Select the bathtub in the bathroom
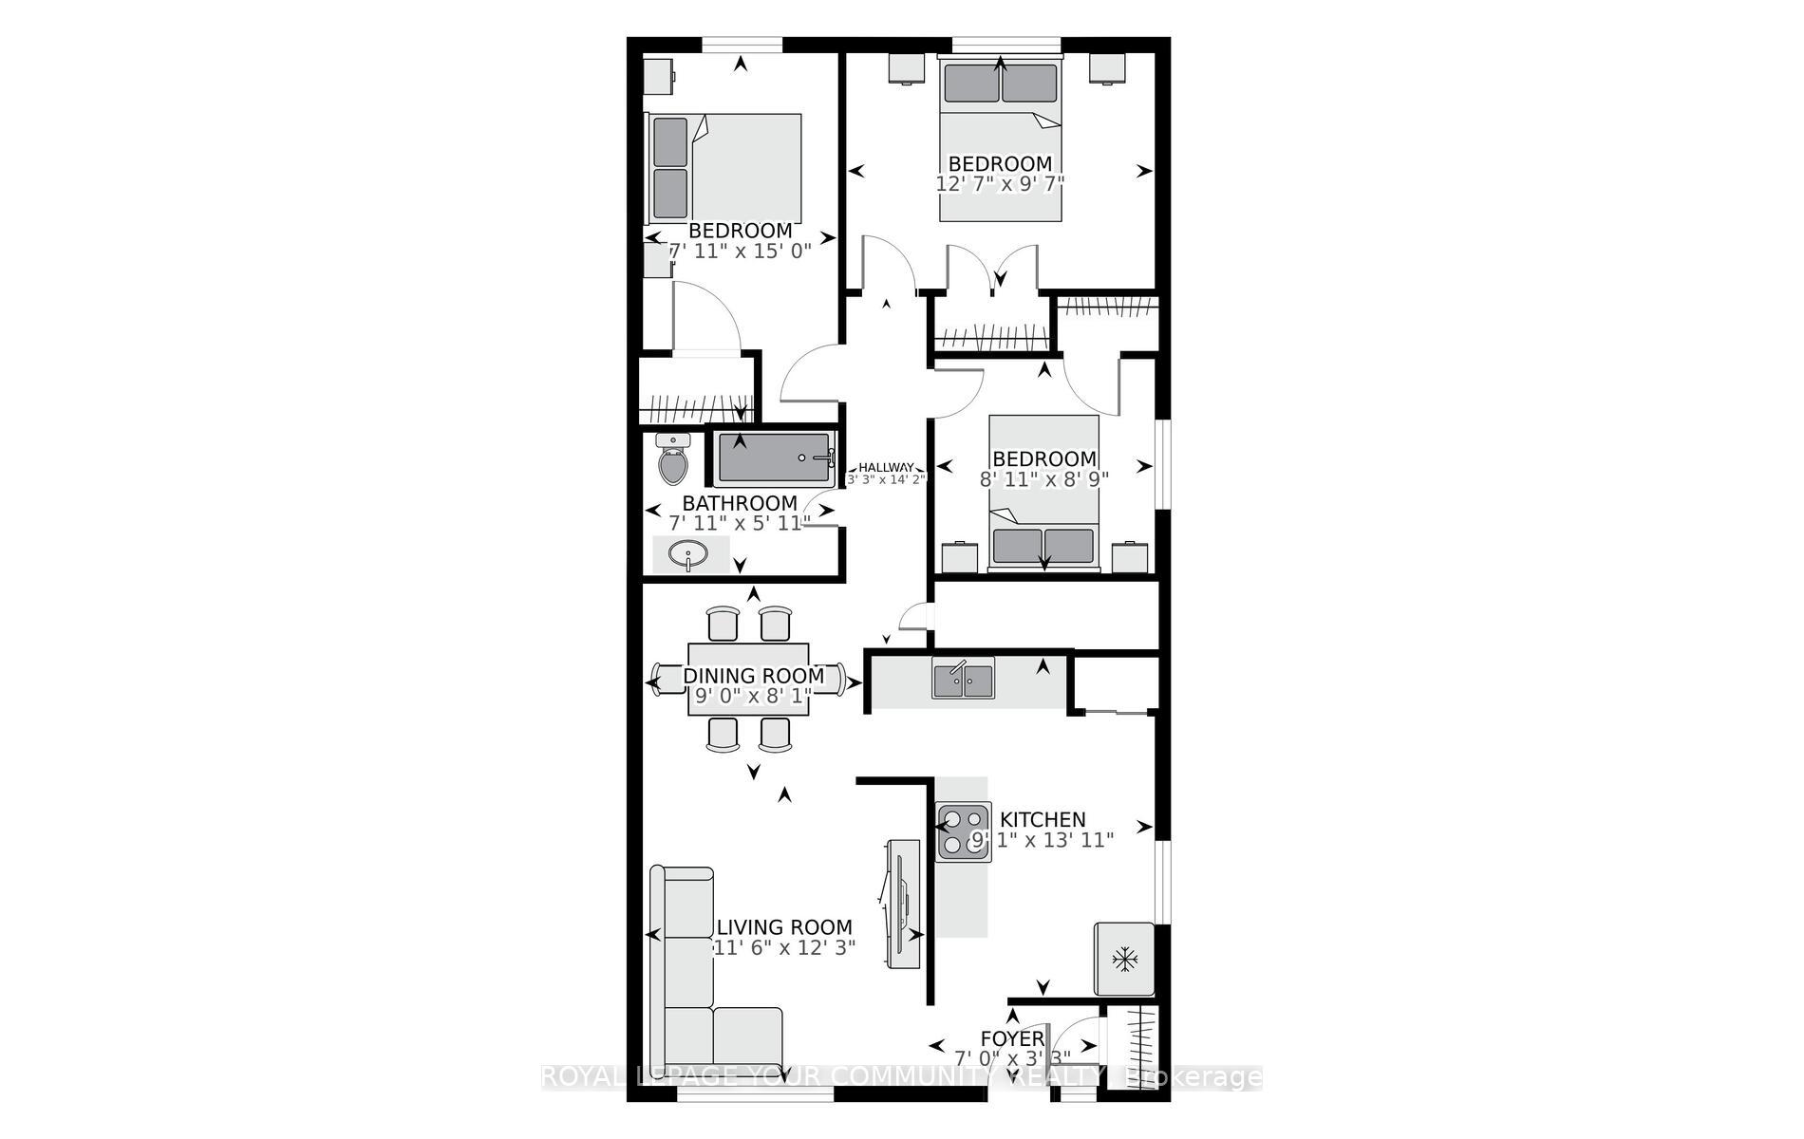pos(774,457)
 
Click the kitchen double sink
pos(963,679)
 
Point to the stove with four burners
pos(964,831)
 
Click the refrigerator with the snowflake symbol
pos(1125,960)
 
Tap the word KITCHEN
pos(1043,819)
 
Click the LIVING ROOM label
pos(784,927)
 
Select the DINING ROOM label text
pos(754,676)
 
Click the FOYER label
pos(1012,1038)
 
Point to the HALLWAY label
pos(887,467)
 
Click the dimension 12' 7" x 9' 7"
pos(1000,183)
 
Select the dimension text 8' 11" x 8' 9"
pos(1044,479)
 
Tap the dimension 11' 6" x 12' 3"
pos(784,947)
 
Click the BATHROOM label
pos(740,503)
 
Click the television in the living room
pos(902,904)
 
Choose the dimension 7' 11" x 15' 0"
pos(741,252)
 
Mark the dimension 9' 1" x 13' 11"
pos(1043,840)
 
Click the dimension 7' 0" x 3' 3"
pos(1012,1058)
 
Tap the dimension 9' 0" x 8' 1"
pos(754,697)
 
